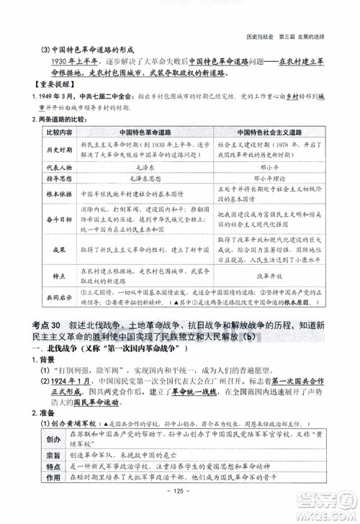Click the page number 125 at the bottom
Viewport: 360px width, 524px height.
tap(177, 511)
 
